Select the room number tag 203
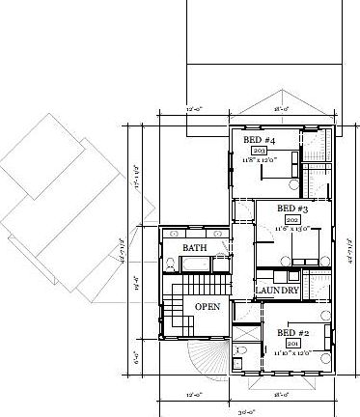[258, 152]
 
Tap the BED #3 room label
[291, 208]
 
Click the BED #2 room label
[292, 333]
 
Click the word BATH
[195, 249]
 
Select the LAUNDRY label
[276, 291]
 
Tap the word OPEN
[208, 307]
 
